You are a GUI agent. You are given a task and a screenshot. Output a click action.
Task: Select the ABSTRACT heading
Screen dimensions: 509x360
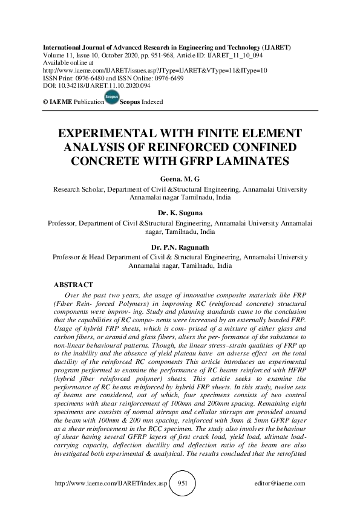(73, 284)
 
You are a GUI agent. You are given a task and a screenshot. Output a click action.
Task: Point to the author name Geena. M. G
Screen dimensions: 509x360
(180, 180)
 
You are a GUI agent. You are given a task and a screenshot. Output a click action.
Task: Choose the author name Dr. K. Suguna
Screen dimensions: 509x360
(180, 213)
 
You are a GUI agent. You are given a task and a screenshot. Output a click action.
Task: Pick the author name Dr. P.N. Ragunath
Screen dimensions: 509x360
(180, 247)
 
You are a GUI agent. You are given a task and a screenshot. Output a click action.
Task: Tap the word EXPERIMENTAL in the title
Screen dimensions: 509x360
(114, 134)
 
